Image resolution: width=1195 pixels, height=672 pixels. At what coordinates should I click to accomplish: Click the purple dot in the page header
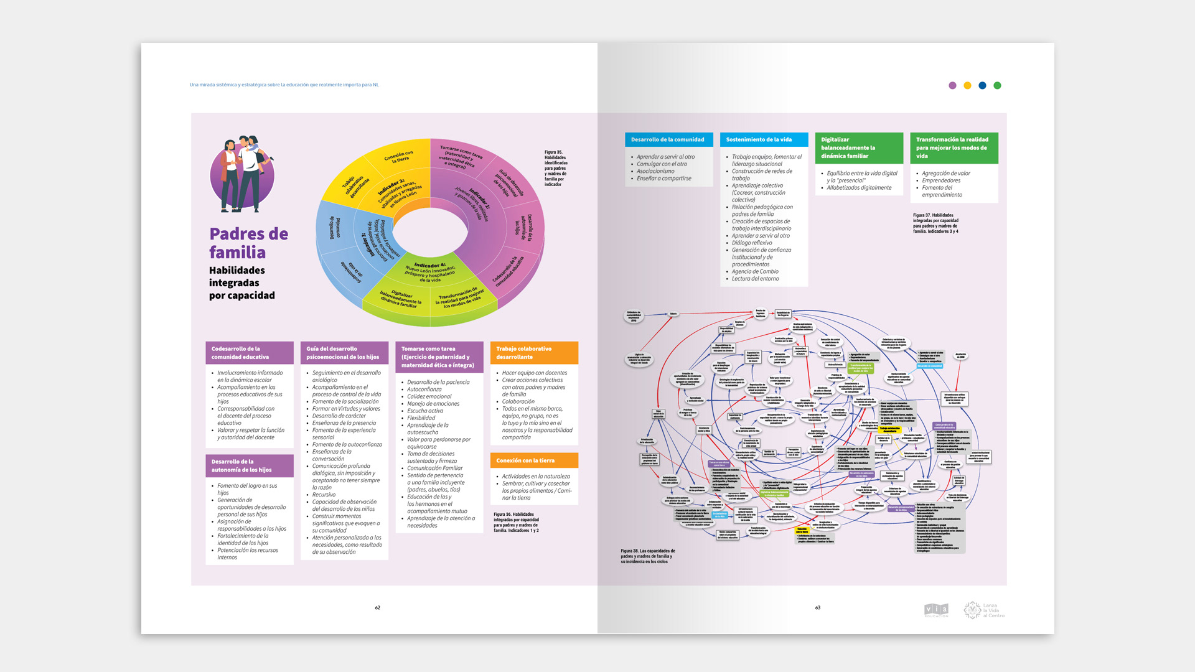pos(952,86)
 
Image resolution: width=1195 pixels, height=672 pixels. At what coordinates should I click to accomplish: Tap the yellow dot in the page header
pos(967,86)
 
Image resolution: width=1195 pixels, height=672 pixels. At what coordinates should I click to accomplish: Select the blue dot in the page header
pos(982,86)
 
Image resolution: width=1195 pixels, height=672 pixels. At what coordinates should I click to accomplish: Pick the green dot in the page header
pos(997,86)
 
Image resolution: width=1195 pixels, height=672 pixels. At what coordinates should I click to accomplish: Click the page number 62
pos(377,608)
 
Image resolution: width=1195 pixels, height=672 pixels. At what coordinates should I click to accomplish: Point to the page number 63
pos(818,608)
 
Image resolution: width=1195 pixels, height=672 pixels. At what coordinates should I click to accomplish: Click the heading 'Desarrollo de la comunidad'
pos(667,140)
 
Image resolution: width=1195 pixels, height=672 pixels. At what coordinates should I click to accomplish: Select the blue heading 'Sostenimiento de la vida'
pos(759,140)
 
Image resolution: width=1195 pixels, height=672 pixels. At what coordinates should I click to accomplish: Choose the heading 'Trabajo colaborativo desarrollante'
pos(523,353)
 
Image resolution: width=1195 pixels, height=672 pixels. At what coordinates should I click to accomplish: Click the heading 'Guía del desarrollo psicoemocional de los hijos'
pos(342,353)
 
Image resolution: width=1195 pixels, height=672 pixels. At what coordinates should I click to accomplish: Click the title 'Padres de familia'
pos(248,243)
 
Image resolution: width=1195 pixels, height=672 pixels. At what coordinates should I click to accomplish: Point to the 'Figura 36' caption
pos(516,523)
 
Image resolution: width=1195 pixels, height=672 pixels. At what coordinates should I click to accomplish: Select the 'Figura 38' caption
pos(647,556)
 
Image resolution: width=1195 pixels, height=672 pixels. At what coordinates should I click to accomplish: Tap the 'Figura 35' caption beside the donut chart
pos(555,168)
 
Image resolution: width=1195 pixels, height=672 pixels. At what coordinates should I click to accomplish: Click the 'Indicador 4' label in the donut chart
pos(430,266)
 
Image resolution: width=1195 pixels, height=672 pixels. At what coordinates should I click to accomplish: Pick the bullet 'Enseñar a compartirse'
pos(663,179)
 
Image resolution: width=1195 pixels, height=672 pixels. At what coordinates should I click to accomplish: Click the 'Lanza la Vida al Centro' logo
pos(984,610)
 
